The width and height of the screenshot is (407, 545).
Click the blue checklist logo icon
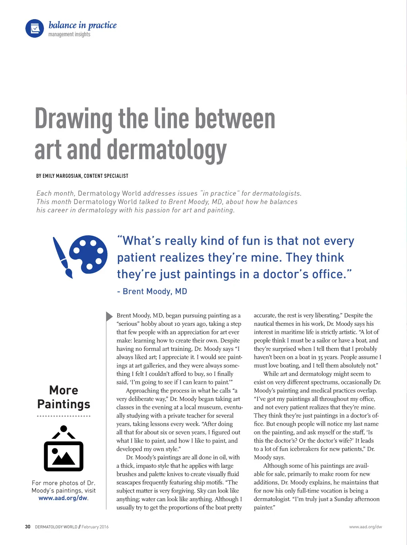tap(35, 29)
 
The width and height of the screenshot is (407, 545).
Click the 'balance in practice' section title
tap(82, 25)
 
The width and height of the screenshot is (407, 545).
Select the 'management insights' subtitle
tap(69, 35)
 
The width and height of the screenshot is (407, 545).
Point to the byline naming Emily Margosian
tap(82, 176)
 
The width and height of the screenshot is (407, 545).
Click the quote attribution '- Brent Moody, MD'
tap(152, 291)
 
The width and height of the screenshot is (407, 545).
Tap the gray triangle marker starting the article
tap(109, 316)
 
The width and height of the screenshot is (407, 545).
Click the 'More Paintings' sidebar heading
tap(64, 397)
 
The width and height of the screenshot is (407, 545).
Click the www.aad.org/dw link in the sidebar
tap(63, 498)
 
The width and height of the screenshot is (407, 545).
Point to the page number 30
tap(27, 527)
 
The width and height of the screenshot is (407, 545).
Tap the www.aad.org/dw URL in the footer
tap(365, 527)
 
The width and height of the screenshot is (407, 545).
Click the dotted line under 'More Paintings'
tap(64, 416)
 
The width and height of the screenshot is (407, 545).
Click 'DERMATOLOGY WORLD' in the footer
tap(56, 527)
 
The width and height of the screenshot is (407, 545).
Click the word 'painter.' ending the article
tap(264, 508)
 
